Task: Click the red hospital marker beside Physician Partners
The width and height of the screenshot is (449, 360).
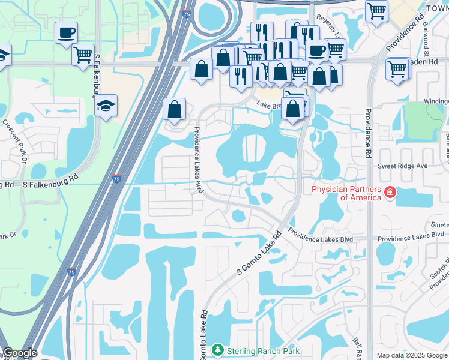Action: (x=390, y=193)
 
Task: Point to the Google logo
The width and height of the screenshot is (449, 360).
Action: (x=19, y=353)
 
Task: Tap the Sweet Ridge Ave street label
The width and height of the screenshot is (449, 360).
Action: (x=402, y=166)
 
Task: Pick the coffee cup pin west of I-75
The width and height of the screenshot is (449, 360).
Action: (x=66, y=32)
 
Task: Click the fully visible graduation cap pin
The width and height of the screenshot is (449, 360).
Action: (x=106, y=106)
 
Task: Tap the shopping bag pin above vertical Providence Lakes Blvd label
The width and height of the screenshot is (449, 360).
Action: (x=174, y=110)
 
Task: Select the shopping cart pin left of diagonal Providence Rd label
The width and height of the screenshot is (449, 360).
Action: (x=376, y=11)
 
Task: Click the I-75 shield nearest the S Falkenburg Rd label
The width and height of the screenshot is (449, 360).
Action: (x=116, y=179)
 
